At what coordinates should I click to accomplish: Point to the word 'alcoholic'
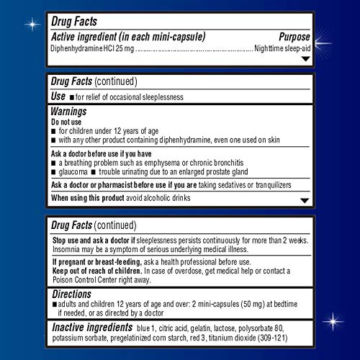(186, 198)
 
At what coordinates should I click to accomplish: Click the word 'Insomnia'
(69, 248)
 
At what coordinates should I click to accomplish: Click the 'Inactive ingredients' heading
(106, 328)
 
